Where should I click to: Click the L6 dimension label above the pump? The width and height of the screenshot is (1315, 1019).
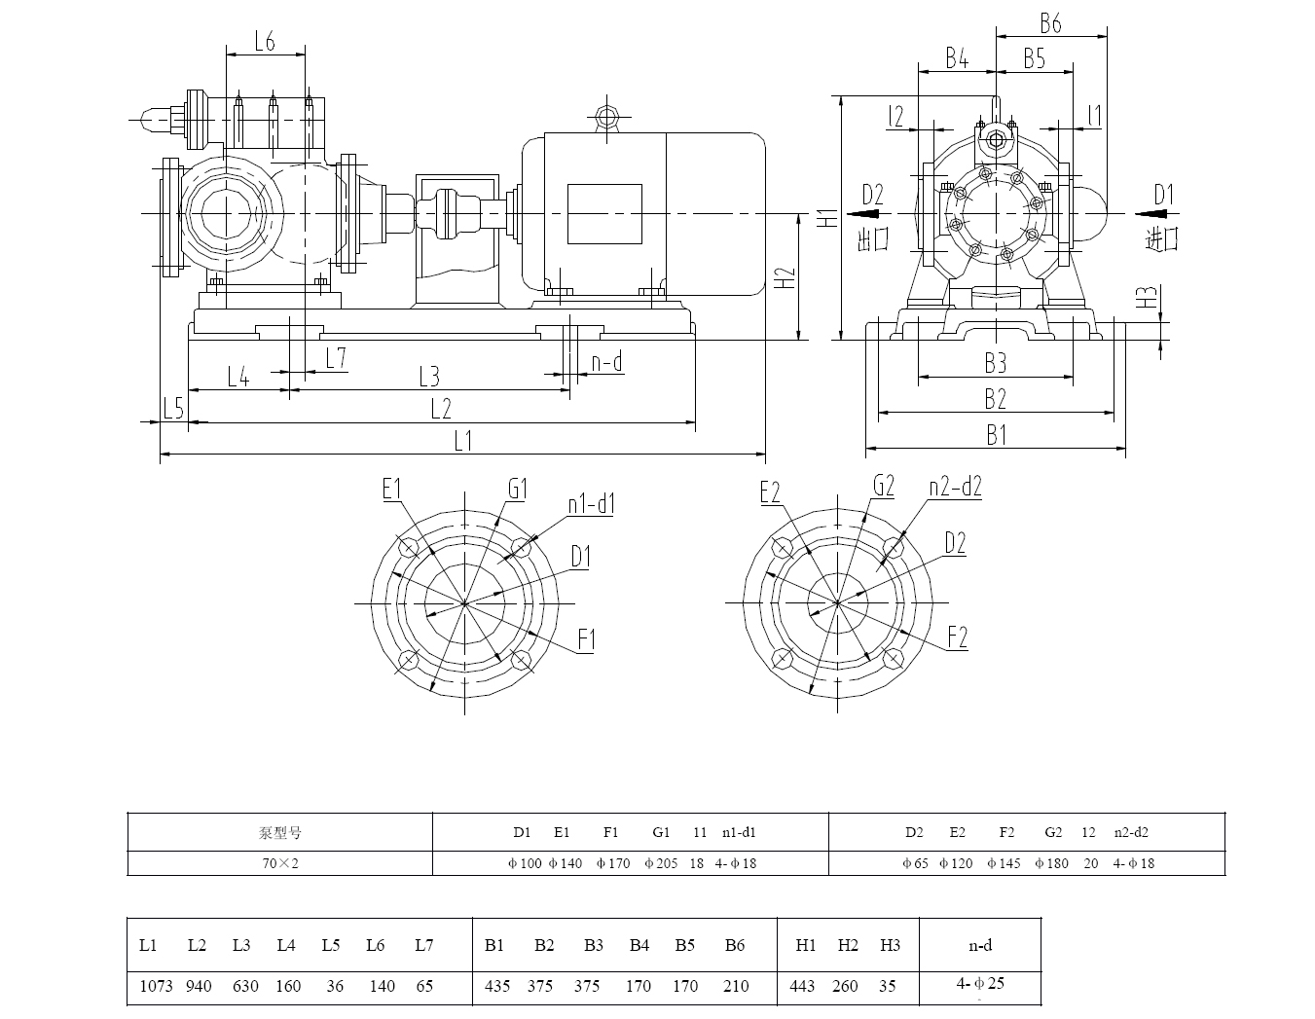click(x=265, y=41)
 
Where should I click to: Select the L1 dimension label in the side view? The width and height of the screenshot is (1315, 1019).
click(x=462, y=441)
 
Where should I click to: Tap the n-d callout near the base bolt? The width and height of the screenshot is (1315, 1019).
click(x=606, y=363)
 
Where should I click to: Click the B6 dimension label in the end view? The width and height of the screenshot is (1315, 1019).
click(x=1050, y=22)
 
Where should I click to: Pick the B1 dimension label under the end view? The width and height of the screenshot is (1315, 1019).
click(x=996, y=435)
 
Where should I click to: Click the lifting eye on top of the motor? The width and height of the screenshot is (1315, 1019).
click(x=607, y=119)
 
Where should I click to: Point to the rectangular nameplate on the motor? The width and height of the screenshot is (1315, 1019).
click(x=603, y=214)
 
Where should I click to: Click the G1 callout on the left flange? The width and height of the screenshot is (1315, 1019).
click(x=517, y=487)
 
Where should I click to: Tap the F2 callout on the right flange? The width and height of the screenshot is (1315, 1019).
click(x=958, y=637)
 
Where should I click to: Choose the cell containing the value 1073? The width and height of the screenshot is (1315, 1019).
click(x=156, y=986)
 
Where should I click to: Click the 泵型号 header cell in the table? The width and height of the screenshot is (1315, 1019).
click(x=280, y=833)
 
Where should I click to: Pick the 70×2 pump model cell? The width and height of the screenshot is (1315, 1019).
click(x=280, y=863)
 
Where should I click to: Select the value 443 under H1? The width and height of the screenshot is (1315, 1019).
click(x=802, y=986)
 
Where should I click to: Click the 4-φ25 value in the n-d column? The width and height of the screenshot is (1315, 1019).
click(x=980, y=984)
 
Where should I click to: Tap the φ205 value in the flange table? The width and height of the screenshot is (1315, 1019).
click(x=661, y=863)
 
